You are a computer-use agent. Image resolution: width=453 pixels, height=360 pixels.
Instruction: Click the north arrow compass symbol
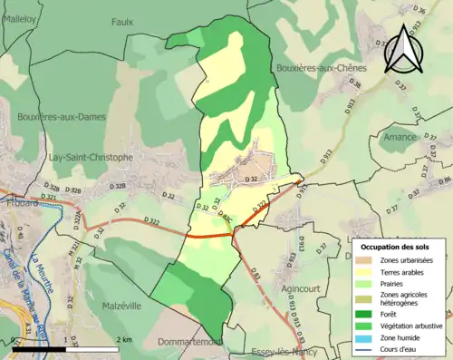tap(404, 50)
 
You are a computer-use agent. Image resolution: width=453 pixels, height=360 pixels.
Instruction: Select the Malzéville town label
tap(121, 306)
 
